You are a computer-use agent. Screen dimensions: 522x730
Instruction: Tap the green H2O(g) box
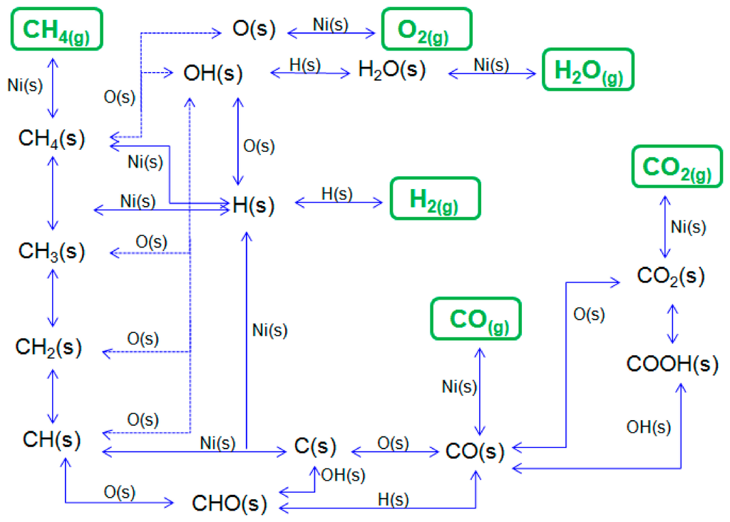pos(587,70)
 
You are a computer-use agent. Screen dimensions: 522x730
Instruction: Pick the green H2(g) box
pos(435,198)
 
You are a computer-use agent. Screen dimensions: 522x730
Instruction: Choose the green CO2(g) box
pos(679,168)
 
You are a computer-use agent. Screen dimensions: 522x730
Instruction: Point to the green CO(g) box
pos(475,318)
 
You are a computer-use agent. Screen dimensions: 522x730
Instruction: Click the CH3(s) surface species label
pos(51,251)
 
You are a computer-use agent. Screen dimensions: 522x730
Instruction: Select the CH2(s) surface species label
pos(49,347)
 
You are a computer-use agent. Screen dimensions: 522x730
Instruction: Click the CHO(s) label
pos(230,503)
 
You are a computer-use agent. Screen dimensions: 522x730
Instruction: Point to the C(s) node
pos(314,447)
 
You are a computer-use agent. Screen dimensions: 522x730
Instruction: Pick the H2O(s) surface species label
pos(391,70)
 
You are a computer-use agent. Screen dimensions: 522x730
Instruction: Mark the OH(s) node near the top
pos(212,73)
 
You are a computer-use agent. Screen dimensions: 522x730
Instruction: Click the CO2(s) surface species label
pos(671,277)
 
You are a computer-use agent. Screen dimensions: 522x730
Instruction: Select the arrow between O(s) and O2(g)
pos(331,32)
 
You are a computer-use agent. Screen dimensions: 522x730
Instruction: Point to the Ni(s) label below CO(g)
pos(459,387)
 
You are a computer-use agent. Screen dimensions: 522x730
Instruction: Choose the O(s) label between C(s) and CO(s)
pos(393,443)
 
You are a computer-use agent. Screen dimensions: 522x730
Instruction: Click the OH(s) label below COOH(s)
pos(648,426)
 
